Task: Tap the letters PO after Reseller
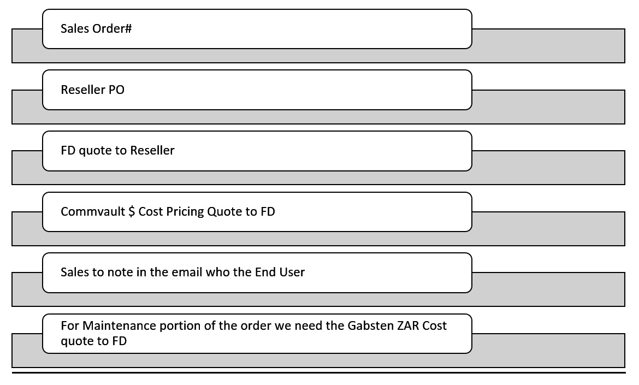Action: click(117, 90)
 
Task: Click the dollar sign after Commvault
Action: click(132, 211)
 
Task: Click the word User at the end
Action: click(292, 272)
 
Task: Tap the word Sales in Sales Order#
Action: click(75, 29)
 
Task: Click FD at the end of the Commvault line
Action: click(268, 211)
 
